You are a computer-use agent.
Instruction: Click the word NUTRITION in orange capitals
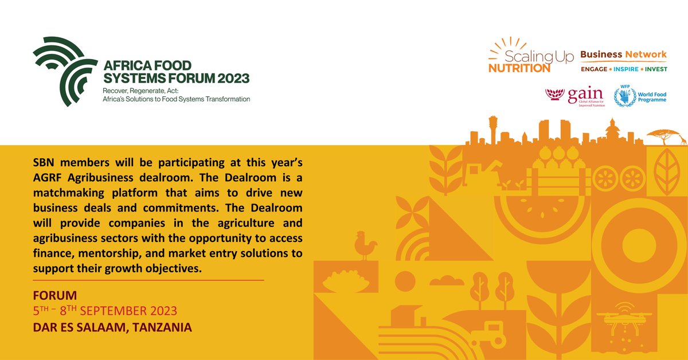[x=519, y=68]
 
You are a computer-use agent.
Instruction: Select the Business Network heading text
[x=623, y=54]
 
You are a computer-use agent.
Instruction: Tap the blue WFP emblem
[x=624, y=96]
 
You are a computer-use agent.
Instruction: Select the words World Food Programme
[x=652, y=96]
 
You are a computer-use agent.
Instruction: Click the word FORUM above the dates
[x=55, y=296]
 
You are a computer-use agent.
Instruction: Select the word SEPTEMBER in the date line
[x=114, y=311]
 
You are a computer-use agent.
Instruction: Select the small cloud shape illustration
[x=447, y=280]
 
